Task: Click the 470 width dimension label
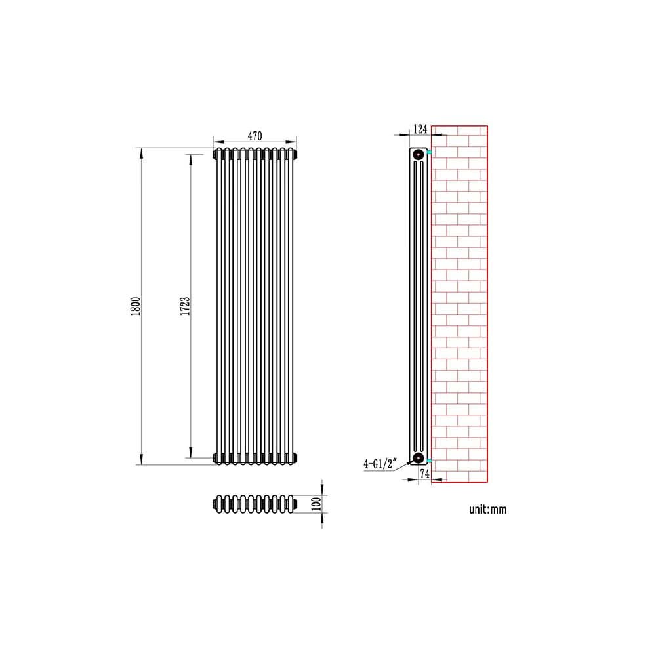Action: [255, 136]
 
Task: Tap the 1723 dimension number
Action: [186, 306]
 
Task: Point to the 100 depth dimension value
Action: [316, 504]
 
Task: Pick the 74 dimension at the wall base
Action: [424, 473]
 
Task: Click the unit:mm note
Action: [487, 509]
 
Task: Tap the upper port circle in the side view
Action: [417, 155]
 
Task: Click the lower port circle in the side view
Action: [417, 457]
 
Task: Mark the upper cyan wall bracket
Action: [429, 153]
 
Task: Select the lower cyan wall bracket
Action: [429, 459]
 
